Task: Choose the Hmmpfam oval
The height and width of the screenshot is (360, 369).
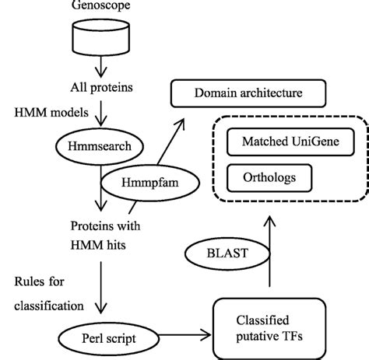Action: tap(147, 182)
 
